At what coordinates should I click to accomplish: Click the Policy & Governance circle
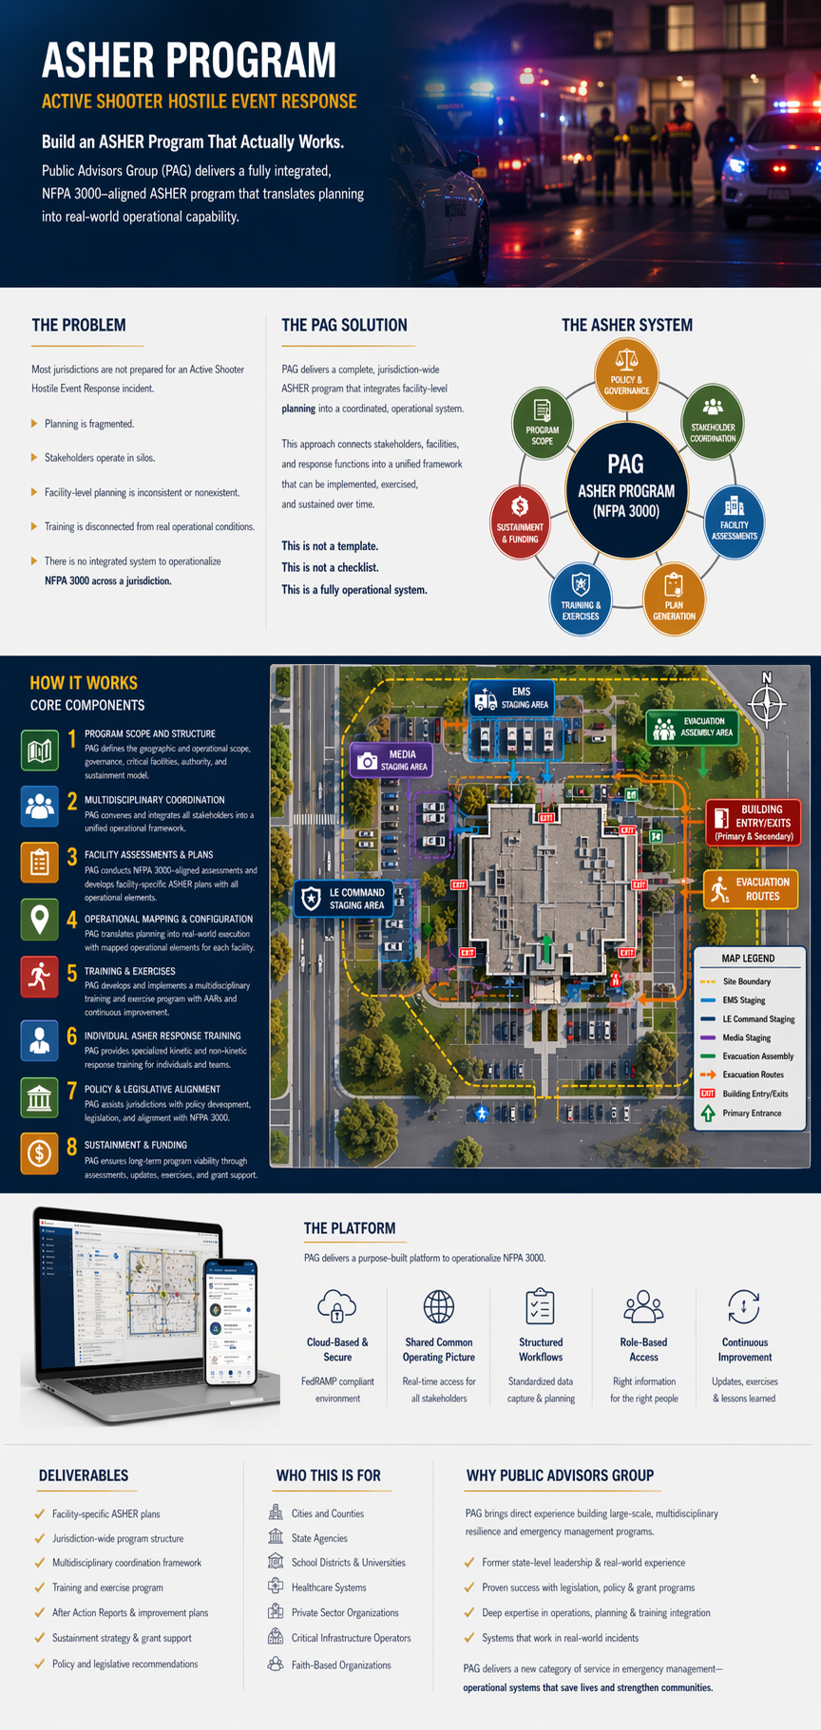[626, 375]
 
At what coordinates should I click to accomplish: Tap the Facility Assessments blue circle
[734, 519]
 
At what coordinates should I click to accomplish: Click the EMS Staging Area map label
[511, 698]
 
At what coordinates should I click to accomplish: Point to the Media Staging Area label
[392, 760]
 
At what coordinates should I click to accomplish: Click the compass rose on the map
[767, 704]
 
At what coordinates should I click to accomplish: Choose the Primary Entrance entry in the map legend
[751, 1112]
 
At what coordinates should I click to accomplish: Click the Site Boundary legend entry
[746, 981]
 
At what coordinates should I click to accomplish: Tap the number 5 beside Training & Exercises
[72, 974]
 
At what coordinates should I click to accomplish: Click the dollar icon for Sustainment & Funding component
[39, 1153]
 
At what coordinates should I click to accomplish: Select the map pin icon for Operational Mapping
[39, 920]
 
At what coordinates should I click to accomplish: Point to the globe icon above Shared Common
[439, 1306]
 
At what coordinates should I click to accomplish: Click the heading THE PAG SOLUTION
[344, 325]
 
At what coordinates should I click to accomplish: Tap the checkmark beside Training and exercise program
[39, 1587]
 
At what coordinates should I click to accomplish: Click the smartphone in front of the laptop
[232, 1321]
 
